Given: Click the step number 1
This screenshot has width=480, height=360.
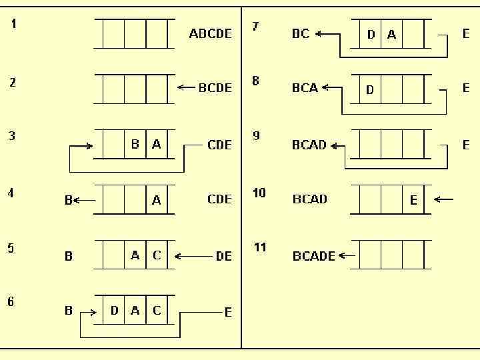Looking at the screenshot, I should coord(14,24).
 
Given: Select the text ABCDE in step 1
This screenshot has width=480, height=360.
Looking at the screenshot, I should coord(211,33).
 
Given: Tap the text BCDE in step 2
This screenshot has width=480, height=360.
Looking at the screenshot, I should coord(215,87).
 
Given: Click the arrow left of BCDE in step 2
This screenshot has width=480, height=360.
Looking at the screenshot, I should coord(186,87).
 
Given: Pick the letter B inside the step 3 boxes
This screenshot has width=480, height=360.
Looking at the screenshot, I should coord(135,144).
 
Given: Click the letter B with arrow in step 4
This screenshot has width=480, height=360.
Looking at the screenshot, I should coord(69,200).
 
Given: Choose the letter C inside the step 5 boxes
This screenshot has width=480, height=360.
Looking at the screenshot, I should coord(157,255).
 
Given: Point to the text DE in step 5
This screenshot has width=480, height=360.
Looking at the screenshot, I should coord(224,256).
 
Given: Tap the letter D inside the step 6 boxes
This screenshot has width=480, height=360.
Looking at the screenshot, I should coord(114,311).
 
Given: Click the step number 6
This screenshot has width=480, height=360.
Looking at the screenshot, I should coord(11,302).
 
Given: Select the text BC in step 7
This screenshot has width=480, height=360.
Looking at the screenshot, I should coord(301,33).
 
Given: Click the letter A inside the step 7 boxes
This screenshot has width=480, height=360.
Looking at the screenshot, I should coord(391,35).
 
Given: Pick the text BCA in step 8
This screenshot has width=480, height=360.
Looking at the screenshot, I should coord(305,88).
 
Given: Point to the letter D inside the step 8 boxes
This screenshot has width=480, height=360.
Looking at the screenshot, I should coord(370,89).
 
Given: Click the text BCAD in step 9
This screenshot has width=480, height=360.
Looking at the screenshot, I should coord(309,145).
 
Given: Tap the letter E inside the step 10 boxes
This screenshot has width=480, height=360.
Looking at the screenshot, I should coord(413,200).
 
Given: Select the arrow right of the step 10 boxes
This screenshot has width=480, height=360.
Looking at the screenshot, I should coord(443,199).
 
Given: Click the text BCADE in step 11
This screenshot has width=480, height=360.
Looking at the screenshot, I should coord(314,256).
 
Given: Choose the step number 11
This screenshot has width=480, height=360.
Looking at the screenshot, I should coord(260,247).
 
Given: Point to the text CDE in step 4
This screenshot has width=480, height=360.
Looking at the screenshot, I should coord(220,199).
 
